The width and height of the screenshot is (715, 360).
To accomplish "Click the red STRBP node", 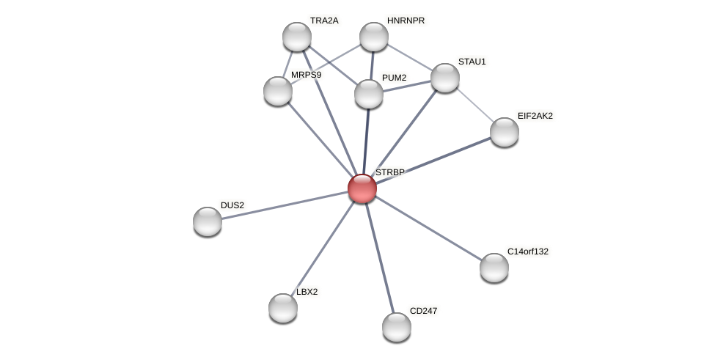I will tap(362, 188).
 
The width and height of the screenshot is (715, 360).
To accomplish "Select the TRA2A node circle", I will tap(297, 37).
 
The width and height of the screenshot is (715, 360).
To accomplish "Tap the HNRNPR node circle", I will tap(374, 37).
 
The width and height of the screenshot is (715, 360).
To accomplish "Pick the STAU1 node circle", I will tap(445, 78).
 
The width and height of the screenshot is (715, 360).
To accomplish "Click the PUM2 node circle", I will tap(369, 94).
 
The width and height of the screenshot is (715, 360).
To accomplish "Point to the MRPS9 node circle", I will tap(278, 91).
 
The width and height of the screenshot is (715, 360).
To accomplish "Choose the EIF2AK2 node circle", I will tap(505, 132).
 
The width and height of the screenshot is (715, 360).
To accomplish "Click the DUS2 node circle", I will tap(208, 221).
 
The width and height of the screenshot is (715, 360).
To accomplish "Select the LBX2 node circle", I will tap(283, 308).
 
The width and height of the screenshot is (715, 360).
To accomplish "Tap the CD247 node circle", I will tap(397, 327).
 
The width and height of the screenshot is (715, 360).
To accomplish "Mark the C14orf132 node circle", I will tap(494, 268).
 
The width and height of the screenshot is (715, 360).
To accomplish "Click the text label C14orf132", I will tap(528, 251).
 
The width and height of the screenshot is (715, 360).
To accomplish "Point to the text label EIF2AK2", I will tap(535, 116).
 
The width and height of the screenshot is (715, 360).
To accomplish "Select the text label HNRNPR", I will tap(406, 21).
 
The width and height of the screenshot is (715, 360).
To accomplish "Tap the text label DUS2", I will tap(232, 205).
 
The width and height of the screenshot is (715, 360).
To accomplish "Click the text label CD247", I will tap(423, 311).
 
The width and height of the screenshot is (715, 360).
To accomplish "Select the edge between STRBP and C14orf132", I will tap(428, 228).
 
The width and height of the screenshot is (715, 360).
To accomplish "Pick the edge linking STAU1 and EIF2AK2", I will tap(475, 105).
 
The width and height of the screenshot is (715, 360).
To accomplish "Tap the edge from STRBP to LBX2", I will tap(323, 248).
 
